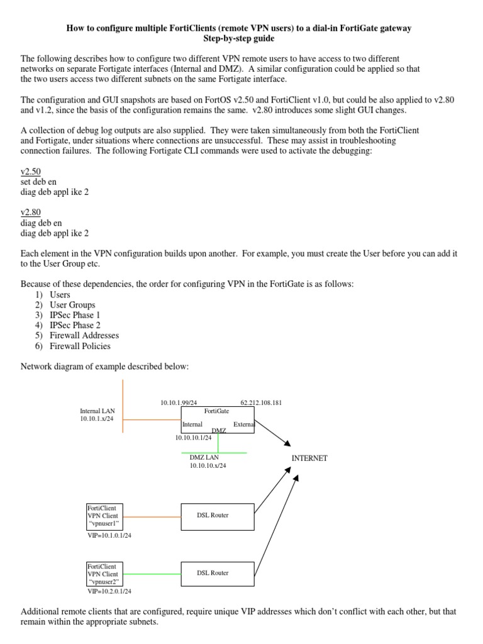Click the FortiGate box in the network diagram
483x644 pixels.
[x=217, y=419]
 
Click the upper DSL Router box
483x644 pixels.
[x=217, y=515]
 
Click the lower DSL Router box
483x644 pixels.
[x=217, y=573]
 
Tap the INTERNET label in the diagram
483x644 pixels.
[x=309, y=458]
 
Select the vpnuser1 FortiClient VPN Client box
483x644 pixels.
[x=104, y=516]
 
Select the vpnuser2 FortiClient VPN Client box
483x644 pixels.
[x=104, y=575]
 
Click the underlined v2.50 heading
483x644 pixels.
[x=31, y=172]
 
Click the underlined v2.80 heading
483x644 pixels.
[x=31, y=213]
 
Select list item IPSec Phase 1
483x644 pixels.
[x=75, y=315]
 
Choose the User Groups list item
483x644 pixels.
[x=72, y=305]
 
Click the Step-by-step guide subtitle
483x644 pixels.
[x=241, y=39]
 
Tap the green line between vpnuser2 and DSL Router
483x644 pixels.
[x=152, y=573]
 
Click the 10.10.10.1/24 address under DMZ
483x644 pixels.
[x=193, y=438]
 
